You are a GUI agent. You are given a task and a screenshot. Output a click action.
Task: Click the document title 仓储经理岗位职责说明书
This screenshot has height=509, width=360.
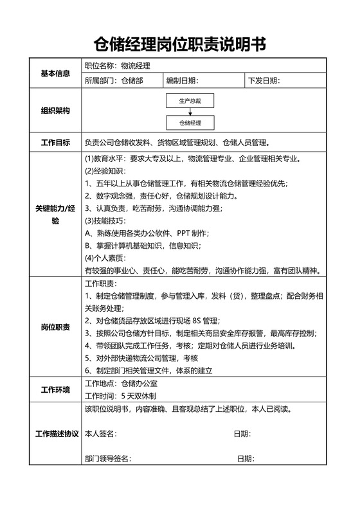click(x=179, y=44)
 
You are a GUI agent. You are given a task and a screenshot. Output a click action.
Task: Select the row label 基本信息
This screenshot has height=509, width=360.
click(x=55, y=73)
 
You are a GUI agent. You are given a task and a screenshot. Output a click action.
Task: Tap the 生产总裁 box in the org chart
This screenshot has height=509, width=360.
click(x=190, y=101)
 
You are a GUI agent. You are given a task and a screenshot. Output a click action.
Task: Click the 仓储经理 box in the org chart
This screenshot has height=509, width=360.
click(x=190, y=122)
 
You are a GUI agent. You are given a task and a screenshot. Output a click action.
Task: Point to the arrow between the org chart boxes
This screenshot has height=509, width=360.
click(x=190, y=111)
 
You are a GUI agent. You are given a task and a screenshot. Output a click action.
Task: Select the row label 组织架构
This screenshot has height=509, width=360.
click(x=55, y=111)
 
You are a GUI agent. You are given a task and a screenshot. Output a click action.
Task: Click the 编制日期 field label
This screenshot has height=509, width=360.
click(x=182, y=80)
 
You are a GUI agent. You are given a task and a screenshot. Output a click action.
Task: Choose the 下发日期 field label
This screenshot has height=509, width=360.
click(x=264, y=80)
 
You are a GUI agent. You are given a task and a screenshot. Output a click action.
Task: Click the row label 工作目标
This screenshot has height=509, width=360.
click(x=55, y=142)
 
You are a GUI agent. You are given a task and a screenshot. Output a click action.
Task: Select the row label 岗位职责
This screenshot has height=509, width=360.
click(x=55, y=326)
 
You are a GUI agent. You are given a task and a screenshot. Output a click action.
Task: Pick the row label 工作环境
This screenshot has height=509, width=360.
click(x=55, y=389)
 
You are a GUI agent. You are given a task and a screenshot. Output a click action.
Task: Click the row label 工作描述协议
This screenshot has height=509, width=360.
click(x=55, y=433)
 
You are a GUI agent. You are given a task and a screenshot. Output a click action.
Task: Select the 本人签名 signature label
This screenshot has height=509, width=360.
click(x=100, y=434)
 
